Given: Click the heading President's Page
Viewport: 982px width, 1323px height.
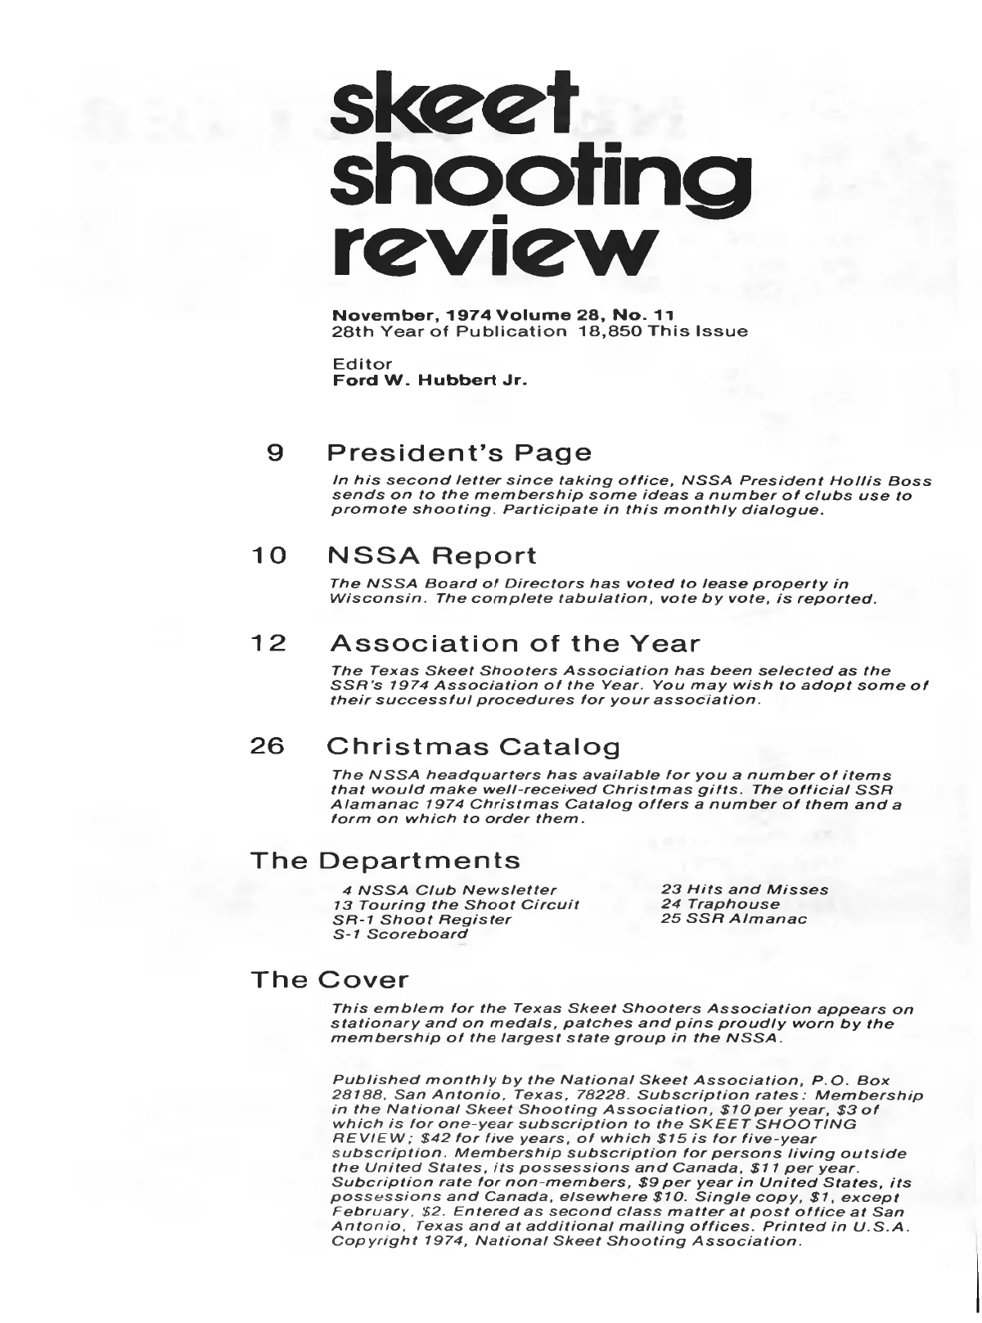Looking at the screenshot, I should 458,452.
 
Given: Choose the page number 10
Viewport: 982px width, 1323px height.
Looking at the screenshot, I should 268,556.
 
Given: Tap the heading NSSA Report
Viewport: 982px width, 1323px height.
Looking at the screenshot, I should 431,556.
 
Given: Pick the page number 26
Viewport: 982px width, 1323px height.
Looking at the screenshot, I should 268,747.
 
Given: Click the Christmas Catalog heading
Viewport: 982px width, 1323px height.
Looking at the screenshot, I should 473,747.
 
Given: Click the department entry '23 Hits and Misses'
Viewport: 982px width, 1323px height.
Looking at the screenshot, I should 745,889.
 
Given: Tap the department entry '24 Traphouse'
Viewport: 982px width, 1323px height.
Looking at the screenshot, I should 720,904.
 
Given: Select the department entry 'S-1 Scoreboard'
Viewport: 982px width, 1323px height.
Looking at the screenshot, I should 401,934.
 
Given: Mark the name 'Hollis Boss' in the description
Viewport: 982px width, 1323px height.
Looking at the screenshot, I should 885,482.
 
